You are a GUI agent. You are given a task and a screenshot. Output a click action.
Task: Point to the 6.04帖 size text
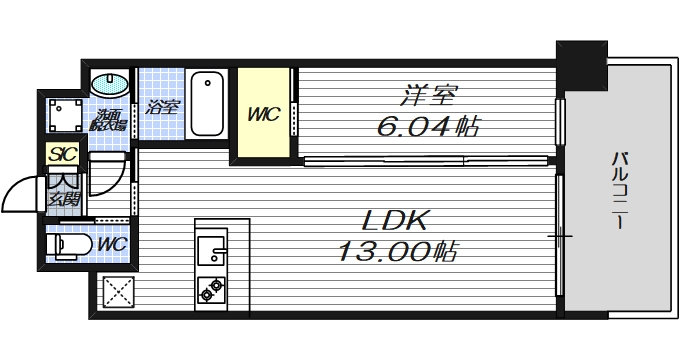point(428,128)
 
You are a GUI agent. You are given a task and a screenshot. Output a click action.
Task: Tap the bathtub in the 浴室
point(207,103)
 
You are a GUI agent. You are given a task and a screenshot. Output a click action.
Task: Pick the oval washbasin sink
point(109,84)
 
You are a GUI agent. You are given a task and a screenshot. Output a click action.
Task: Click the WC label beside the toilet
point(112,243)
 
